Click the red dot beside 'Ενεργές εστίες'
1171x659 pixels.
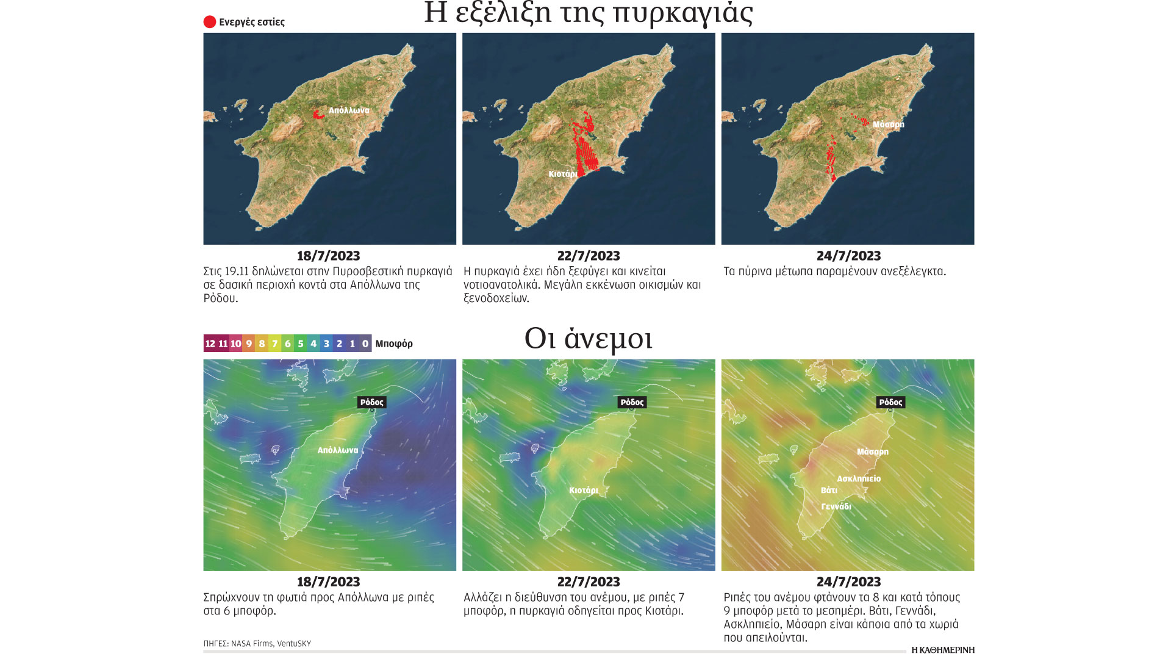pyautogui.click(x=209, y=22)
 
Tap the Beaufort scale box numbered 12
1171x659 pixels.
pyautogui.click(x=210, y=344)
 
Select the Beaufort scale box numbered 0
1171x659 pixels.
pyautogui.click(x=365, y=344)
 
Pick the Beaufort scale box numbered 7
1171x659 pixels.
pyautogui.click(x=274, y=344)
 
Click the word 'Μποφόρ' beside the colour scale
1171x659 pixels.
pyautogui.click(x=394, y=344)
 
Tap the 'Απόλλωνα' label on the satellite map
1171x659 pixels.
pyautogui.click(x=349, y=110)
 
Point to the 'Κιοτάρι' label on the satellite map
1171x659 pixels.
pyautogui.click(x=562, y=174)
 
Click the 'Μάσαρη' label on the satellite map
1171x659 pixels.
pyautogui.click(x=888, y=124)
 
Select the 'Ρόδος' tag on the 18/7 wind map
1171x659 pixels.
pyautogui.click(x=371, y=402)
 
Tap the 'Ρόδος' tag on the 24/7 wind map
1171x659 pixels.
pyautogui.click(x=890, y=402)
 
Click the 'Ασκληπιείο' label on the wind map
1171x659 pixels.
pyautogui.click(x=859, y=479)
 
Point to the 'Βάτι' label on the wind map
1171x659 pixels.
pyautogui.click(x=829, y=491)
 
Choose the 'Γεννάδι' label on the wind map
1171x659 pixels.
pyautogui.click(x=836, y=506)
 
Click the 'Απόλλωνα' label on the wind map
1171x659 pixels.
pyautogui.click(x=338, y=450)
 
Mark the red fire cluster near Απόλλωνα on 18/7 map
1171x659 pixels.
pyautogui.click(x=317, y=114)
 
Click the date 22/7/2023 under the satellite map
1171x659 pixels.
pyautogui.click(x=589, y=256)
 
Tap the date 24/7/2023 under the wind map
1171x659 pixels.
pyautogui.click(x=848, y=582)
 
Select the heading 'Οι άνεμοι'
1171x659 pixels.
pyautogui.click(x=589, y=339)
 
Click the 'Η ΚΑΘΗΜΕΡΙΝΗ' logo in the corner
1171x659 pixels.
pyautogui.click(x=942, y=650)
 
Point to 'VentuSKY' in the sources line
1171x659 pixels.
pyautogui.click(x=294, y=644)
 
